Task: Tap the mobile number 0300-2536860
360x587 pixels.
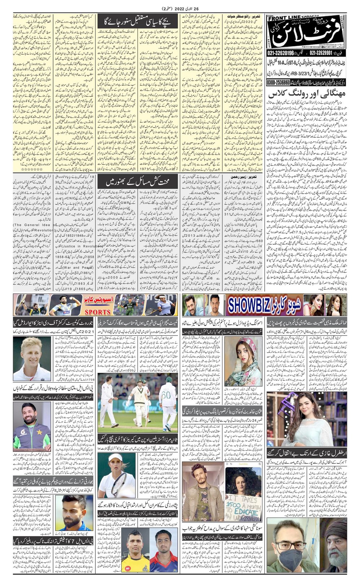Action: (x=287, y=83)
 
